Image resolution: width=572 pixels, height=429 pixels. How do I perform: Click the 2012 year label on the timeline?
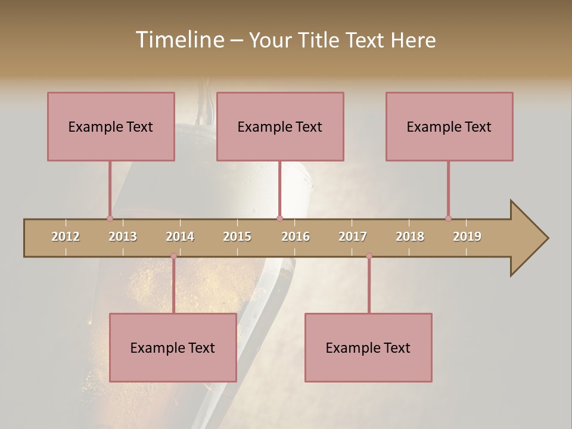coord(66,237)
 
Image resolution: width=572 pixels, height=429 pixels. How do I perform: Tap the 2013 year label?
coord(123,237)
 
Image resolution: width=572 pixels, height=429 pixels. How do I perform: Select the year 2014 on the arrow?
coord(180,237)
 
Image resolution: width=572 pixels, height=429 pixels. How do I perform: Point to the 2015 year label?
coord(237,237)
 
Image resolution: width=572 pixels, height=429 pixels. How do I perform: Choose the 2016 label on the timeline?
coord(296,237)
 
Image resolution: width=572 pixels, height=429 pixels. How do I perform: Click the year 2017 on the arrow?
coord(353,237)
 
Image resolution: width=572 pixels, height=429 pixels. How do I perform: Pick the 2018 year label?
coord(410,237)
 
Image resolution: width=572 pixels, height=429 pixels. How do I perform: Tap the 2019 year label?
coord(467,237)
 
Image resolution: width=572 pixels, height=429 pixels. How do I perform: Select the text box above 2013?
coord(111,126)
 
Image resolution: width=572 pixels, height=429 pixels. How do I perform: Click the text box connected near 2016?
coord(280,126)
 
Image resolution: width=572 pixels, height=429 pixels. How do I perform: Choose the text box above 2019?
coord(449,126)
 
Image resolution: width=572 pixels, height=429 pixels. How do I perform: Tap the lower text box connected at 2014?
coord(173,347)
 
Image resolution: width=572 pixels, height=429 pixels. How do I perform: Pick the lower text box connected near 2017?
coord(368,347)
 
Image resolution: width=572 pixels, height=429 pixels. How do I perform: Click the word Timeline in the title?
coord(179,40)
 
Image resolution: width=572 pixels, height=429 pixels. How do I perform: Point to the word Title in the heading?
coord(322,40)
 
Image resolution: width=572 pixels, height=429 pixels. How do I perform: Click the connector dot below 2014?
coord(173,256)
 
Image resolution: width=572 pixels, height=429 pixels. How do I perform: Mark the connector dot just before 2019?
coord(448,218)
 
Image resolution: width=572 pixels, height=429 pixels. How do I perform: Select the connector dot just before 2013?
coord(110,218)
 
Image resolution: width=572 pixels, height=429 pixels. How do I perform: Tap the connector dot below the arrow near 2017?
coord(369,256)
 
